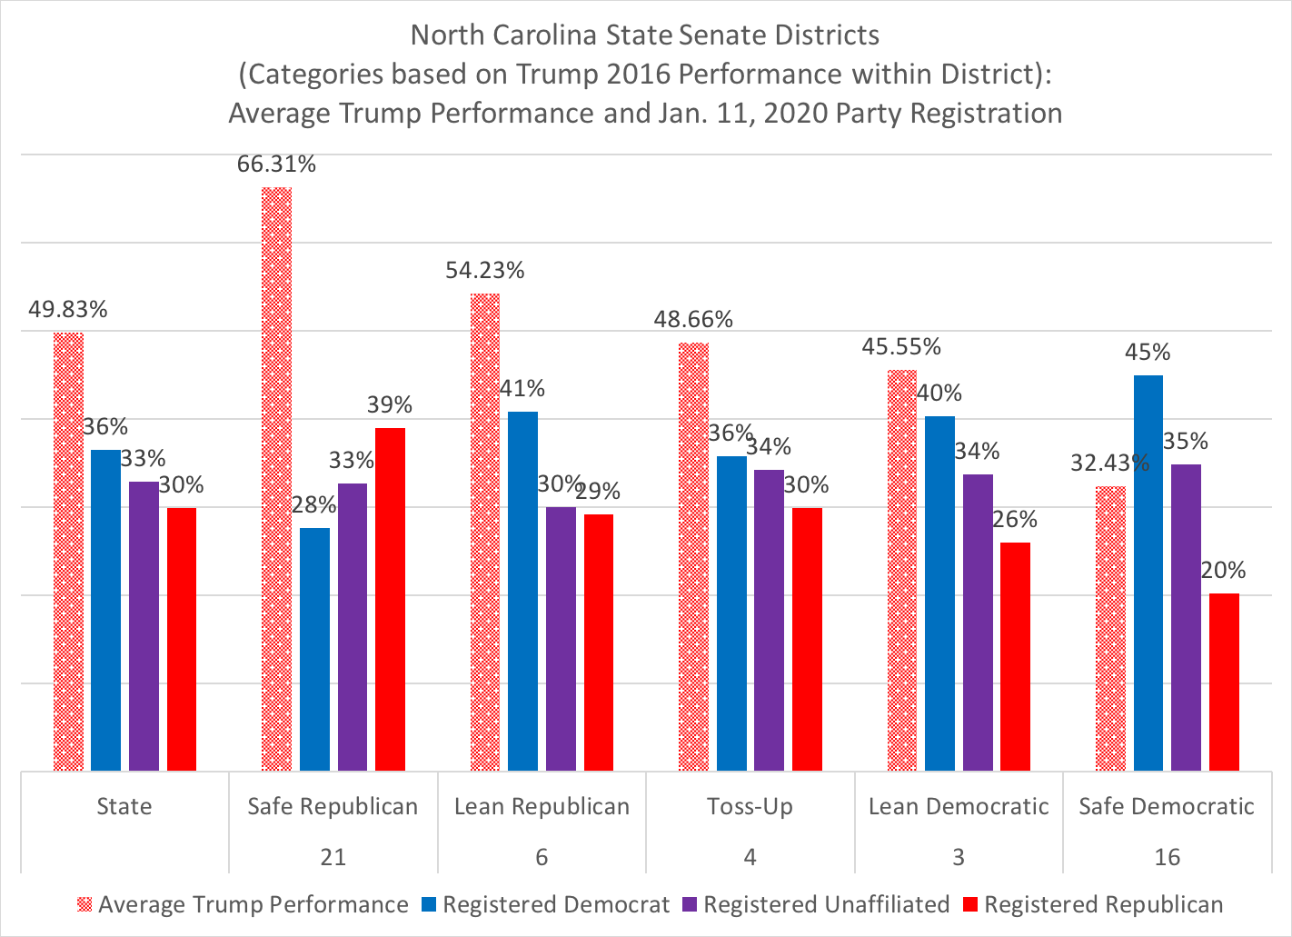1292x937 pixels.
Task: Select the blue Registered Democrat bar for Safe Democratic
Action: [1148, 573]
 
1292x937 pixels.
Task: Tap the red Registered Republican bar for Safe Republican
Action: [391, 599]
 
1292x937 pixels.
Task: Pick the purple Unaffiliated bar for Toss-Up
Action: [770, 620]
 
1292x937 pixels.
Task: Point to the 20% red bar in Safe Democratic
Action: [1224, 682]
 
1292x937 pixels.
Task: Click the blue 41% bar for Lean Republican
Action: [522, 591]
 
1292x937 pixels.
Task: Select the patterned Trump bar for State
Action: [68, 552]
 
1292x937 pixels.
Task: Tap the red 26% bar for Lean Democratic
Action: [1016, 656]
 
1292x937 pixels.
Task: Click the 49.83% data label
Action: [68, 309]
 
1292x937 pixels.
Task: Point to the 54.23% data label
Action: [485, 270]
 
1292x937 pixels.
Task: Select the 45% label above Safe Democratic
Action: [1148, 352]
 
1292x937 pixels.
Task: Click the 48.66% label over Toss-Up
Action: [693, 319]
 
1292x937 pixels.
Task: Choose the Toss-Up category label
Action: [750, 806]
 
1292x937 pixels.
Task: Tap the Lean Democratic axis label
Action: [959, 806]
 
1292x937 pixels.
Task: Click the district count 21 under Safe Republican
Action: [333, 857]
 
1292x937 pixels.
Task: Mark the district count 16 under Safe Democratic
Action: [1168, 857]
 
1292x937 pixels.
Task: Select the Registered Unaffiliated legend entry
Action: [826, 905]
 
